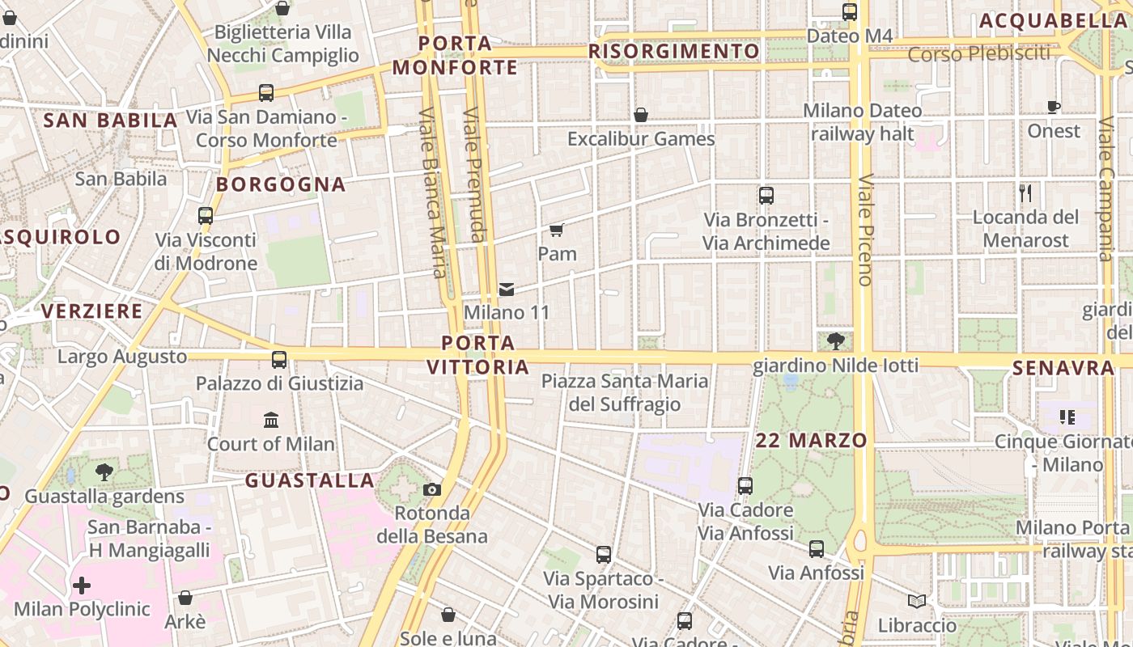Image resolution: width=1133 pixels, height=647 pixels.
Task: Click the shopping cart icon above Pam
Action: [x=556, y=230]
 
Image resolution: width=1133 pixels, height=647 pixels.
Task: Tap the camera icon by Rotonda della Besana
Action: [x=432, y=489]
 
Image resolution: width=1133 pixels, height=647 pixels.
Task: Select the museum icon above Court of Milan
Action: [x=271, y=420]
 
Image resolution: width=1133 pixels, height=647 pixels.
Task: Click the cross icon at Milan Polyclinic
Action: [x=82, y=585]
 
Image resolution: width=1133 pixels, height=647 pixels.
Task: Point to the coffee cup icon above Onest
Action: [x=1054, y=107]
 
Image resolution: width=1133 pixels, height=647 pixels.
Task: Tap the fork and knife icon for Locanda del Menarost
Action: [x=1025, y=192]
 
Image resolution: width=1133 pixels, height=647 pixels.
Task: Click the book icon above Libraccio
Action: [x=917, y=601]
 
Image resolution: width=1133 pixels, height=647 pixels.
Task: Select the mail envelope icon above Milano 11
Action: [x=507, y=289]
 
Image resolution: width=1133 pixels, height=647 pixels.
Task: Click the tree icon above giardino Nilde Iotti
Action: [x=835, y=341]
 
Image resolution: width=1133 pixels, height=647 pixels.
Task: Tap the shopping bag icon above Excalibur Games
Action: [x=641, y=115]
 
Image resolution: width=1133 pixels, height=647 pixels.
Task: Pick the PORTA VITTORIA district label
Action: [x=478, y=355]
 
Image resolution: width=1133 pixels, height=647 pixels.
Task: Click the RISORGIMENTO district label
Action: [x=674, y=52]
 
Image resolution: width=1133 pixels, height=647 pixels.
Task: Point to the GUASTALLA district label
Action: [x=310, y=480]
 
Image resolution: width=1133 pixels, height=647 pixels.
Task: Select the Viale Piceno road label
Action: [x=864, y=230]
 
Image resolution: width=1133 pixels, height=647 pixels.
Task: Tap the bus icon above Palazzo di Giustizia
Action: [x=279, y=359]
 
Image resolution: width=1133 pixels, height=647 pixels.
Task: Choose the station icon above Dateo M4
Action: [x=850, y=12]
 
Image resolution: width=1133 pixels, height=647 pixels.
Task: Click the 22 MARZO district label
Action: [x=812, y=441]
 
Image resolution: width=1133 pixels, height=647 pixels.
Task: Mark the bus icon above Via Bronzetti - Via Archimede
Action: [x=766, y=196]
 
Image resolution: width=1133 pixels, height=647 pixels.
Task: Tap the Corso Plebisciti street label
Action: [x=978, y=54]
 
